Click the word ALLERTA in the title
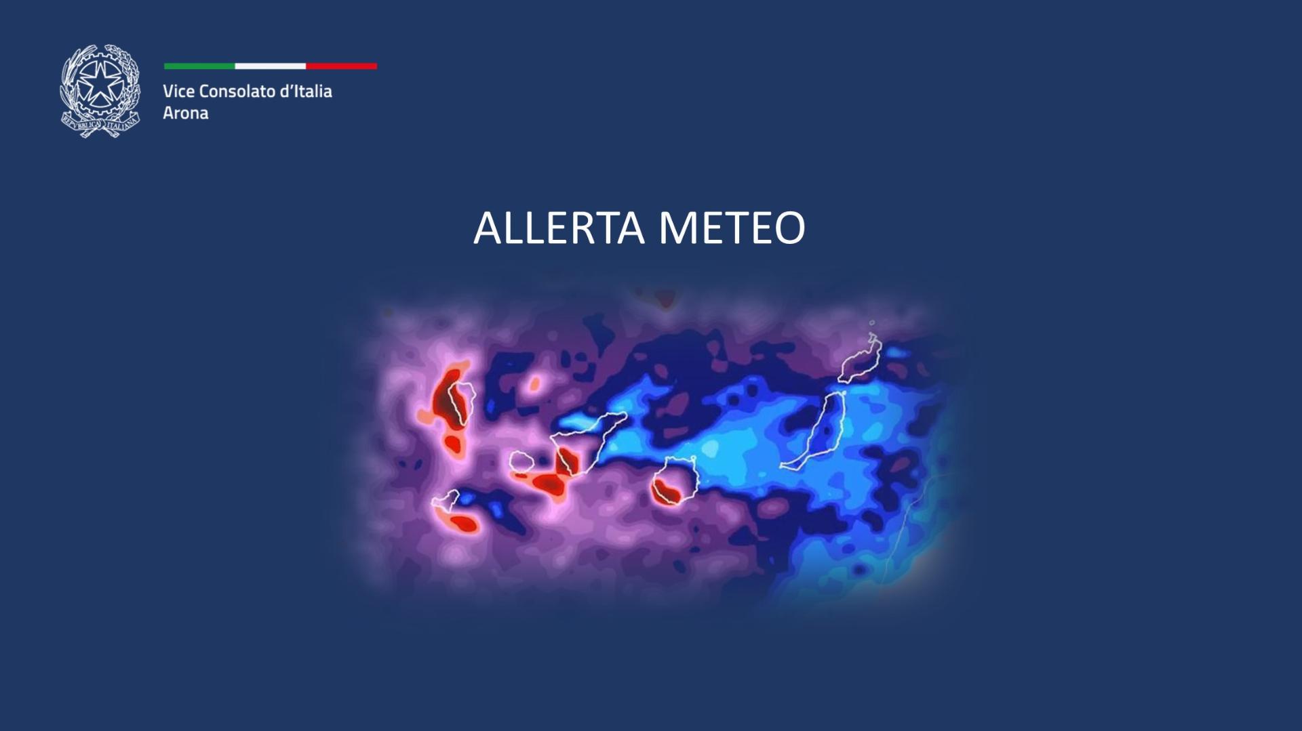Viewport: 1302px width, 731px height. pyautogui.click(x=558, y=228)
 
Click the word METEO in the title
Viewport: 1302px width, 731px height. pyautogui.click(x=732, y=228)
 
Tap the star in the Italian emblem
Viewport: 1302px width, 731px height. pyautogui.click(x=100, y=83)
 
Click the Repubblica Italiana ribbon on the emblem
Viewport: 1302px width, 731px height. pyautogui.click(x=100, y=124)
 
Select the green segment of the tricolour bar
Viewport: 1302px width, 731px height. pyautogui.click(x=199, y=66)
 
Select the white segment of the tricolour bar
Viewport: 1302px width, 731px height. pyautogui.click(x=270, y=66)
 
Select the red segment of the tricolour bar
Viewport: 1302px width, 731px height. pyautogui.click(x=341, y=66)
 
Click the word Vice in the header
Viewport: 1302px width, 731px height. pyautogui.click(x=178, y=91)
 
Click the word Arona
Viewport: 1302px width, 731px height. pyautogui.click(x=185, y=113)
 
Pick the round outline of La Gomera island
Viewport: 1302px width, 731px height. pyautogui.click(x=521, y=463)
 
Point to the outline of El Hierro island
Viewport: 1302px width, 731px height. pyautogui.click(x=445, y=501)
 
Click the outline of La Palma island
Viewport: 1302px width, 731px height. pyautogui.click(x=460, y=402)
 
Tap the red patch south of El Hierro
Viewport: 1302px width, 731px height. pyautogui.click(x=464, y=524)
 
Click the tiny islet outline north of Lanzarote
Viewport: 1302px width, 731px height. pyautogui.click(x=872, y=323)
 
